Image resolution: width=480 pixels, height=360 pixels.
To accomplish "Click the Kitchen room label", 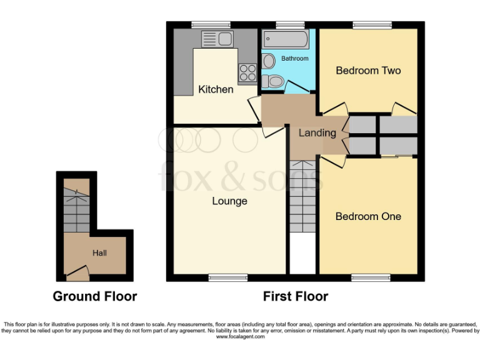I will (216, 89).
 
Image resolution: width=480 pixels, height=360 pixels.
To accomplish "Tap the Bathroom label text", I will (294, 59).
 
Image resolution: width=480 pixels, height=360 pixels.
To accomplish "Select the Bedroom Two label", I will (368, 71).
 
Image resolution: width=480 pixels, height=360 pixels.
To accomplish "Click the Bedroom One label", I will (368, 216).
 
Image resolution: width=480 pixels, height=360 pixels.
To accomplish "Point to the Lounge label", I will (229, 201).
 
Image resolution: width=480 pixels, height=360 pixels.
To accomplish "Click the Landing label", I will (317, 132).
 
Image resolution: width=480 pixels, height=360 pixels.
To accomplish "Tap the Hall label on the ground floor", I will (99, 253).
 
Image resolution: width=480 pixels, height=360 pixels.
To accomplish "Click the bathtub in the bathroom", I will (286, 39).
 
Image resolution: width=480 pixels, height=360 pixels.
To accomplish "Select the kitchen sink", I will (217, 39).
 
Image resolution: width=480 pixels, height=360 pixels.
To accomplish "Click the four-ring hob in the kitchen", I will (247, 72).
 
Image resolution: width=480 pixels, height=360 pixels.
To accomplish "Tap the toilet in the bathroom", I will (272, 81).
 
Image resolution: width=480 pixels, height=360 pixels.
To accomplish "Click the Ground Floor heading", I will (95, 296).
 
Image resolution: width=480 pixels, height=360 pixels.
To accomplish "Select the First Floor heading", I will (295, 296).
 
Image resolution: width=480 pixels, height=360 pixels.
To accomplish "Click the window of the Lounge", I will (228, 277).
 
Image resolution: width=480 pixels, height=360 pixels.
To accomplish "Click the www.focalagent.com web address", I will (240, 337).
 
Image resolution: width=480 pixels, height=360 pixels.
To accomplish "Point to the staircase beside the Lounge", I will (303, 197).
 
